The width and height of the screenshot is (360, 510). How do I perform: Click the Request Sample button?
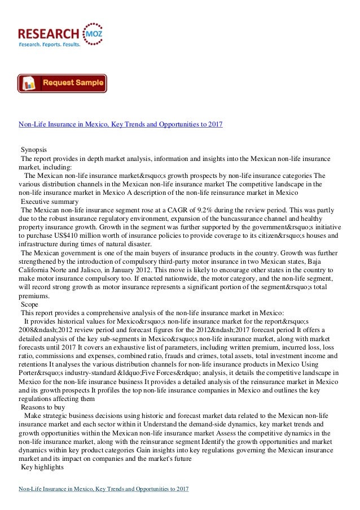click(x=62, y=84)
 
